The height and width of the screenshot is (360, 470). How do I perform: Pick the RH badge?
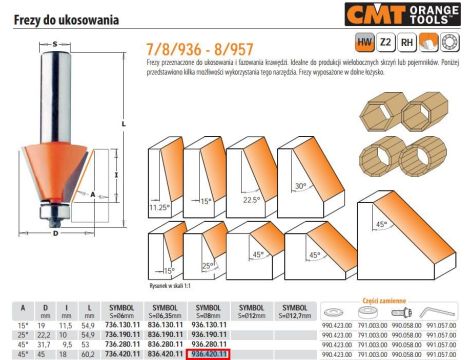coord(403,43)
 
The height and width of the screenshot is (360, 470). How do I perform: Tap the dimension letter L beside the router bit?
coord(123,125)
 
